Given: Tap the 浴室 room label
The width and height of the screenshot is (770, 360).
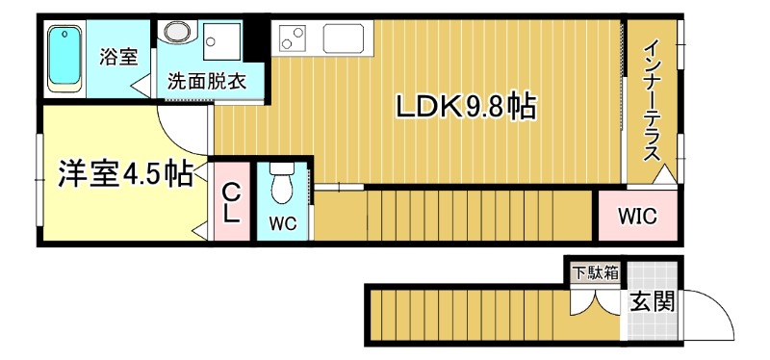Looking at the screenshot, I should pyautogui.click(x=118, y=56).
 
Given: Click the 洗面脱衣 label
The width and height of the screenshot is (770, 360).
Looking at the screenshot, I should pyautogui.click(x=207, y=82).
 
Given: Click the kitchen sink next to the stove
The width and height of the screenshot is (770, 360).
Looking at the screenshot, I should pyautogui.click(x=343, y=39).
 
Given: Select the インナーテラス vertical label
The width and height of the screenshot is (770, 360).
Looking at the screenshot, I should pyautogui.click(x=652, y=101).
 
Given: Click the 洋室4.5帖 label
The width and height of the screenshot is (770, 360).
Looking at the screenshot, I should pyautogui.click(x=123, y=174).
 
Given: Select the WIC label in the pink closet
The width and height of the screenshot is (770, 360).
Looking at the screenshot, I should pyautogui.click(x=637, y=217).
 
